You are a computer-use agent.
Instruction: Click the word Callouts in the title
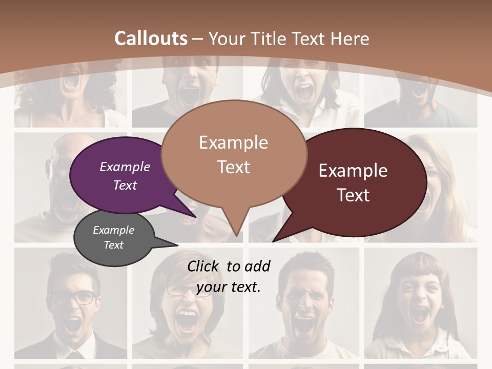coord(151,38)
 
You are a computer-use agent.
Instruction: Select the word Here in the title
coord(350,39)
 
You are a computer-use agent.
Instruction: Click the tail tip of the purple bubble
coord(195,216)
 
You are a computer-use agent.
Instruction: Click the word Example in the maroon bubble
coord(353,171)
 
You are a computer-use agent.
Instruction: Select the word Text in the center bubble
coord(234,167)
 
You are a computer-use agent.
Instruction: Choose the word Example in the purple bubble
coord(125,167)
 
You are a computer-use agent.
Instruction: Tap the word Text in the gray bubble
coord(114,245)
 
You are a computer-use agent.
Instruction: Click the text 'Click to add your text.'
coord(229,277)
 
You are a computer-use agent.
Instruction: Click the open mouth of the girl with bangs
coord(420,314)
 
